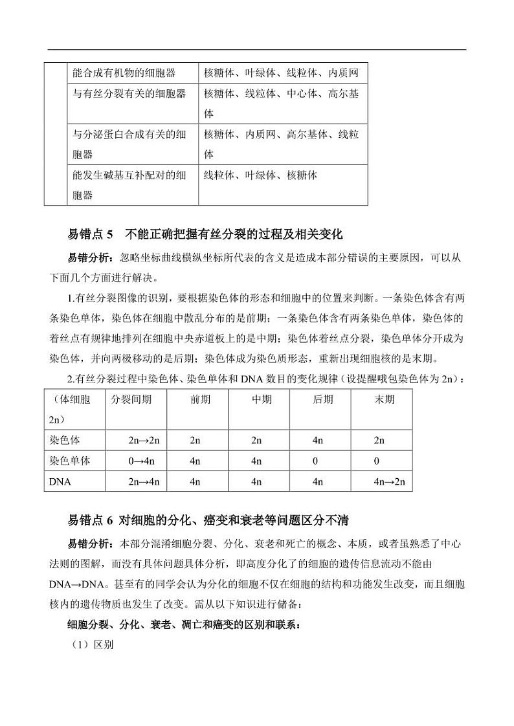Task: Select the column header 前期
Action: [200, 399]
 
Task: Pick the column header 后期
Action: [322, 399]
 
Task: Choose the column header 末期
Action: [384, 399]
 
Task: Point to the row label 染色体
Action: [64, 440]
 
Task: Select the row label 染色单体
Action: [69, 461]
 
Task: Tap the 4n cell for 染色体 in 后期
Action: [317, 440]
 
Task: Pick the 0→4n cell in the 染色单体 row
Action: [144, 461]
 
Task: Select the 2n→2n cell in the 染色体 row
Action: [144, 440]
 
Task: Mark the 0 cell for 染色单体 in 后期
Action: [315, 461]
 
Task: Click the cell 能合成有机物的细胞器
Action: [124, 73]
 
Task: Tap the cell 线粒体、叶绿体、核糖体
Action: [261, 175]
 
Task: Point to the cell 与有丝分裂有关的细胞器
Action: [129, 93]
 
